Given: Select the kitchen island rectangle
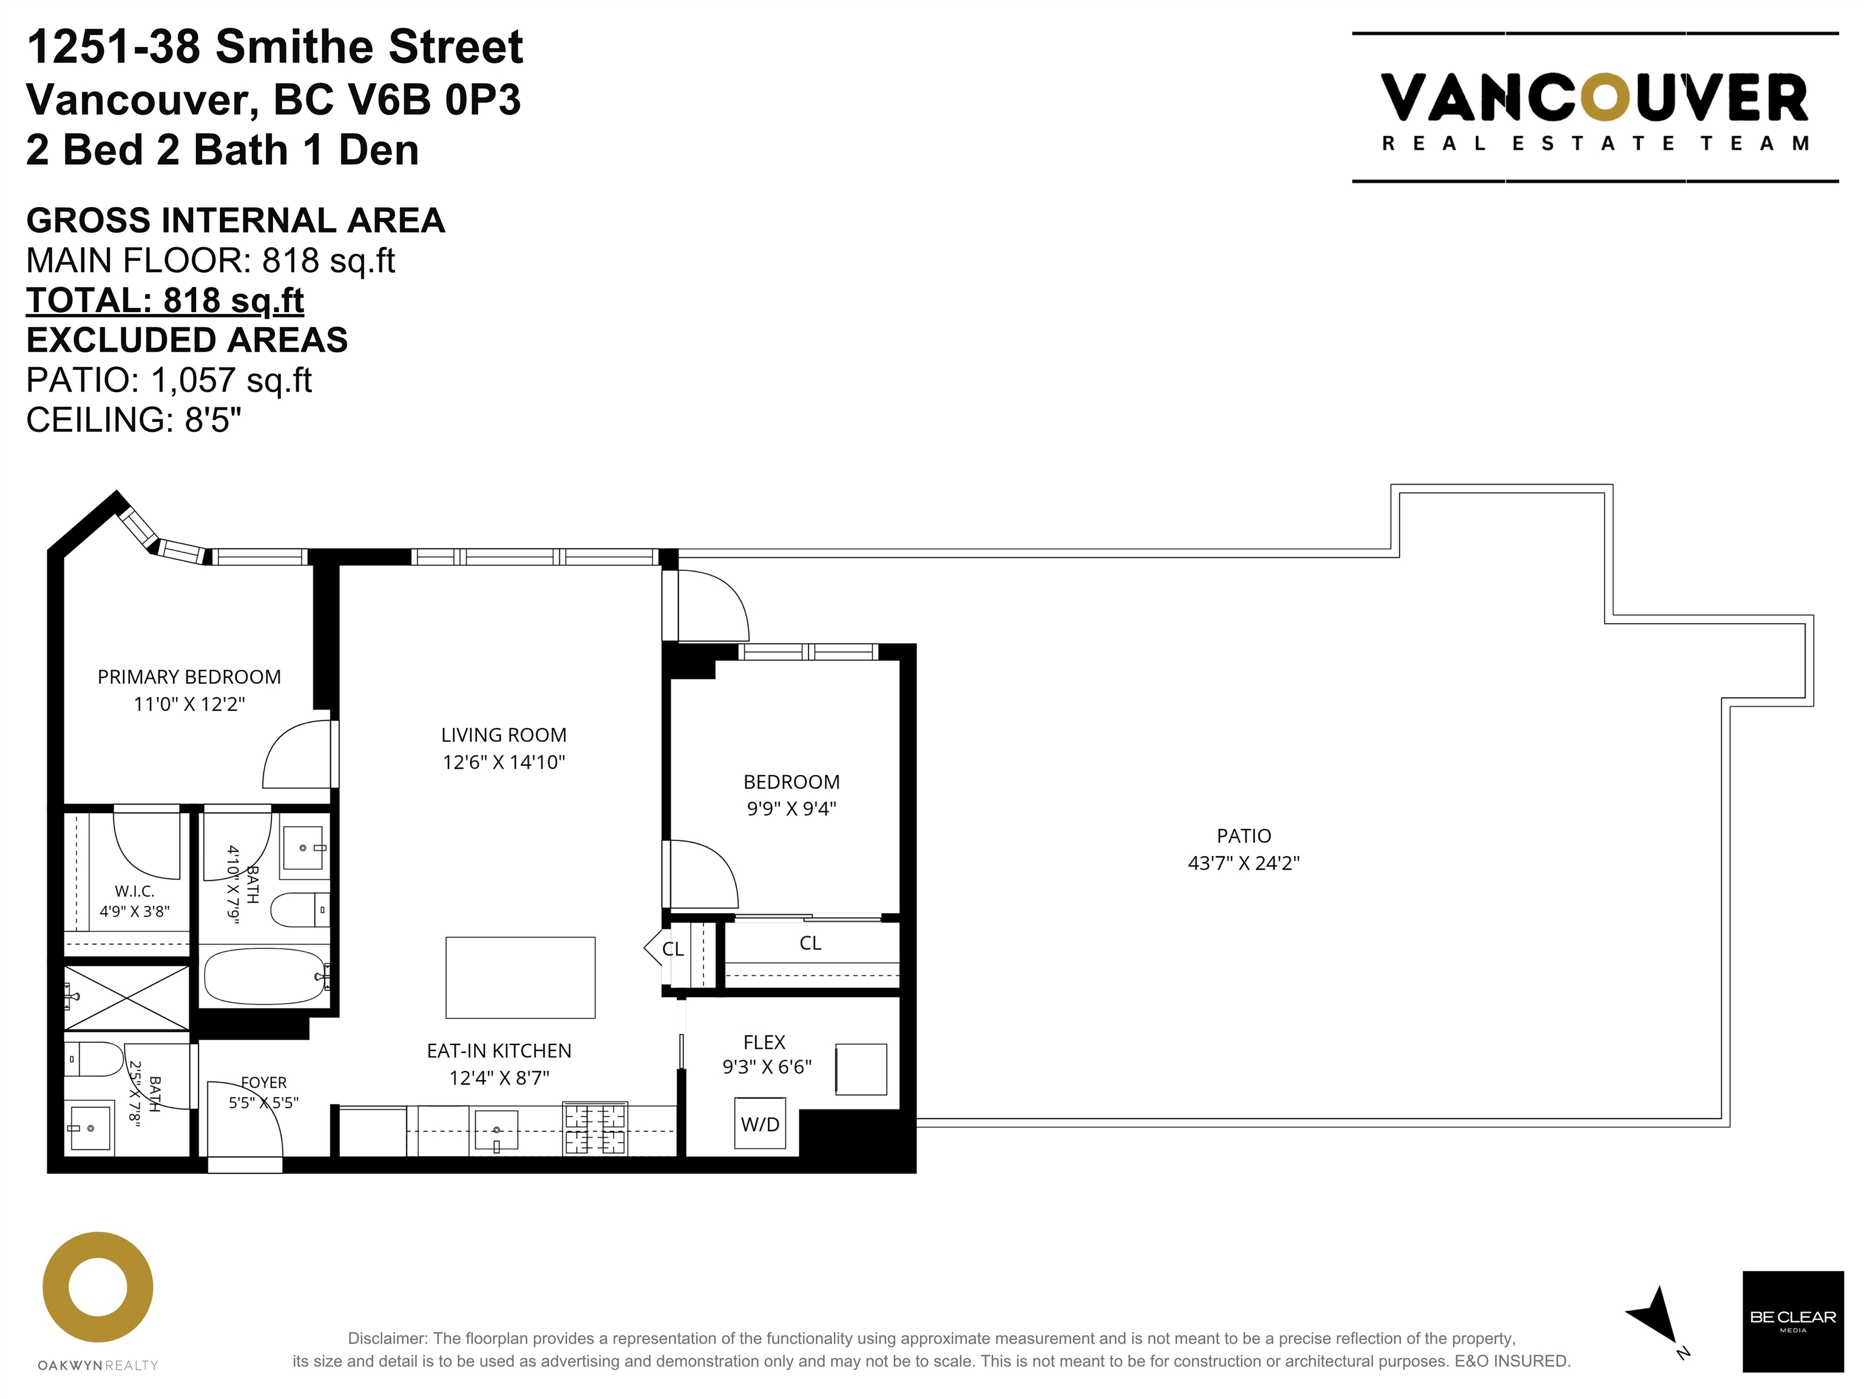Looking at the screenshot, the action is (520, 978).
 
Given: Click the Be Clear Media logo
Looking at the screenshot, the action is (1792, 1321).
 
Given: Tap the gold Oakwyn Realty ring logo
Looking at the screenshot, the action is (98, 1287).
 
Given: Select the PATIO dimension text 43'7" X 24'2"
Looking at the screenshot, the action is (1244, 863).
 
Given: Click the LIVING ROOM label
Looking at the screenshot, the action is (504, 735).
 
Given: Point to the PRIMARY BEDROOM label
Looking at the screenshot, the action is (189, 677).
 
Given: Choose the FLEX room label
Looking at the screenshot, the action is (764, 1042).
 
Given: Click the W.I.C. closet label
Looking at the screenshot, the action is (135, 891).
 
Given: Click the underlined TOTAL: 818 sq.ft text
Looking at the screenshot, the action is (165, 300).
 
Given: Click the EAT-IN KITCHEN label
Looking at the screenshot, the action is (499, 1051).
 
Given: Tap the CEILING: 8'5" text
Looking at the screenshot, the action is (134, 420).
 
